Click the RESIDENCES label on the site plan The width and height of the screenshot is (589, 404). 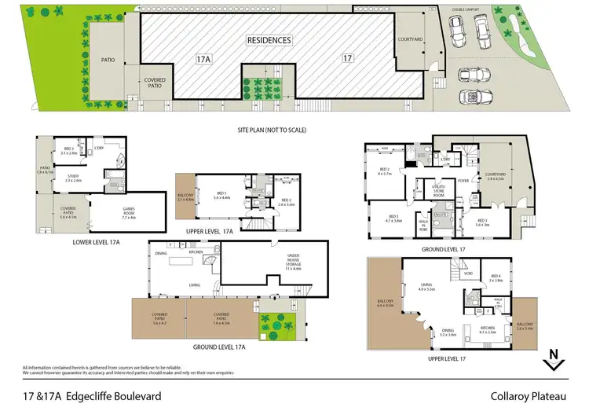[269, 40]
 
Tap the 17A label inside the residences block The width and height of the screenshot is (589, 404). [203, 58]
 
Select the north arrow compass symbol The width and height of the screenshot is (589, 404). [554, 358]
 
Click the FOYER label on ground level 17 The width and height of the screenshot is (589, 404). [463, 180]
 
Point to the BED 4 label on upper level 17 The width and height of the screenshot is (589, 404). [496, 276]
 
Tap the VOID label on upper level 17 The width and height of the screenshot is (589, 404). [468, 274]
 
